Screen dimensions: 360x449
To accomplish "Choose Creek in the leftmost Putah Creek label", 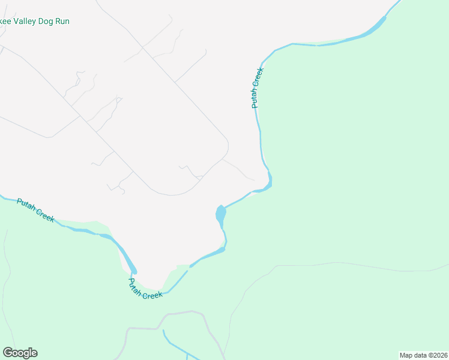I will [x=45, y=215].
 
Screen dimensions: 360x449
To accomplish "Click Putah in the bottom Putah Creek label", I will [x=135, y=287].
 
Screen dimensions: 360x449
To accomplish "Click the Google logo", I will [x=20, y=353].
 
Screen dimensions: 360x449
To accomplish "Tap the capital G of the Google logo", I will [x=8, y=353].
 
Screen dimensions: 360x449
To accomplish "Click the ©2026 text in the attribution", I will [x=438, y=355].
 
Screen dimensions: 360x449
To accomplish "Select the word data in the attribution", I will [x=421, y=355].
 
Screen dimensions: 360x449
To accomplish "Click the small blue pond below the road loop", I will [x=220, y=213].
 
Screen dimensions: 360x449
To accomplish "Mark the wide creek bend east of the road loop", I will [x=269, y=180].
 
